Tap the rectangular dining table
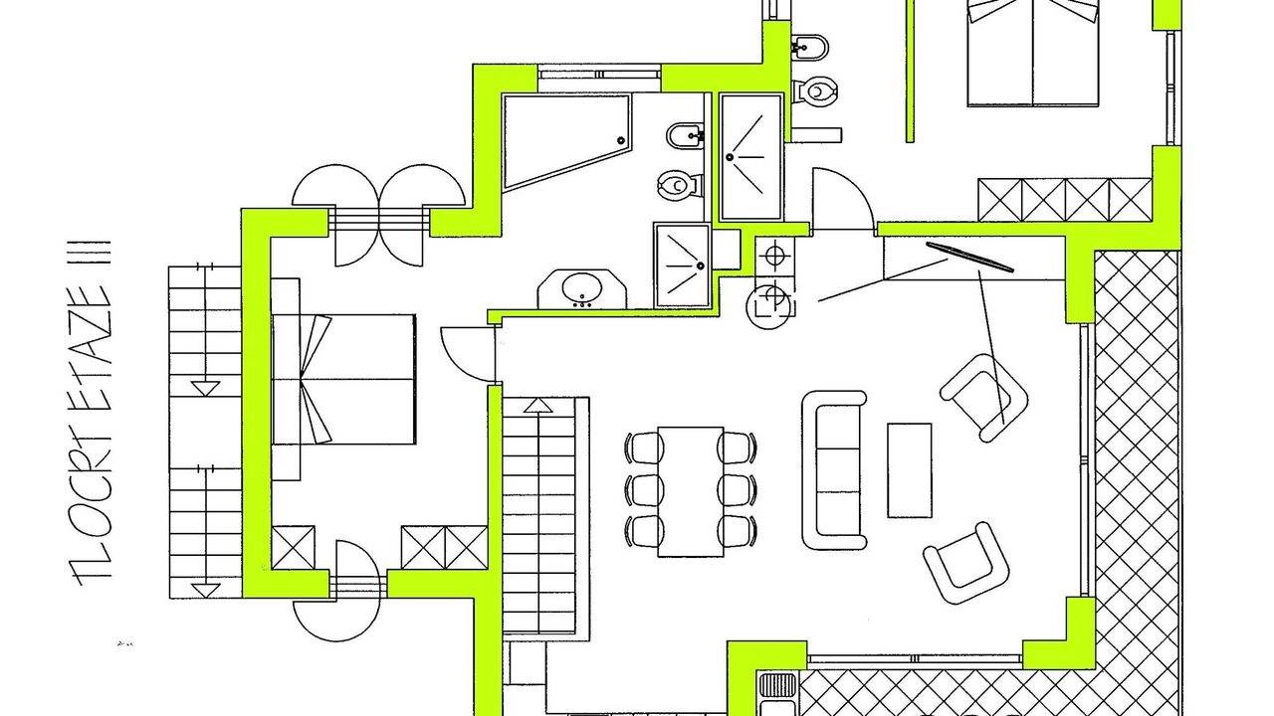pos(691,491)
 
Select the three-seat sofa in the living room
pos(834,470)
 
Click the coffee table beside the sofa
pos(909,470)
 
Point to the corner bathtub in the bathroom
pos(566,141)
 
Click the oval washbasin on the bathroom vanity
pos(582,288)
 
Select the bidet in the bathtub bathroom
pos(685,136)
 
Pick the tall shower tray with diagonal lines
pos(751,157)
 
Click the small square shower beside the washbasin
pos(683,266)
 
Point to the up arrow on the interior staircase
pos(538,405)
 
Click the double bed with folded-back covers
pos(344,379)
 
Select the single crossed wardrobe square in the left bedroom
pos(293,547)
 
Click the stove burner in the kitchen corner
pos(774,255)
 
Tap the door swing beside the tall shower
pos(843,199)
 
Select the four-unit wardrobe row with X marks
pos(1065,200)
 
